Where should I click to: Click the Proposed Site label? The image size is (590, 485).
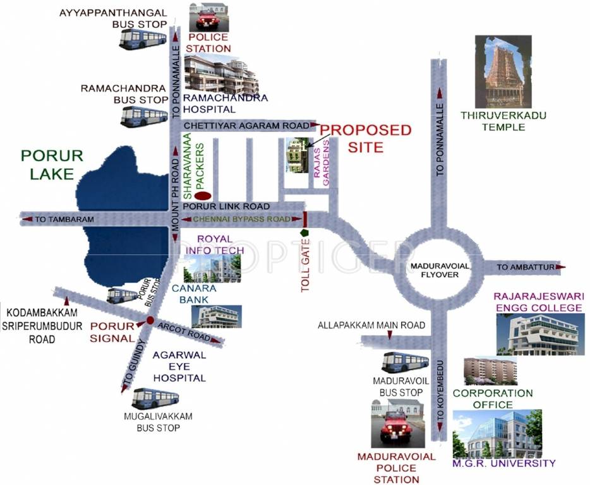click(x=366, y=138)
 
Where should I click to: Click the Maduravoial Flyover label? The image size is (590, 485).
click(x=438, y=270)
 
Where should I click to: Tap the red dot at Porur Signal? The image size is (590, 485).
click(x=150, y=320)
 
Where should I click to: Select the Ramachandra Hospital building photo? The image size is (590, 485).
click(x=221, y=74)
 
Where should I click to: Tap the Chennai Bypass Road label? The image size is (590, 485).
click(x=243, y=219)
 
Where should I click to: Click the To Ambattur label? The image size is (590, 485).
click(x=525, y=268)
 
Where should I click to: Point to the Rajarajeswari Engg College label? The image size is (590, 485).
click(x=538, y=302)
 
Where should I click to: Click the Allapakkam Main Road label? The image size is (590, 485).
click(x=371, y=325)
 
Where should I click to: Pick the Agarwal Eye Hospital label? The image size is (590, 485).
click(x=179, y=366)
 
